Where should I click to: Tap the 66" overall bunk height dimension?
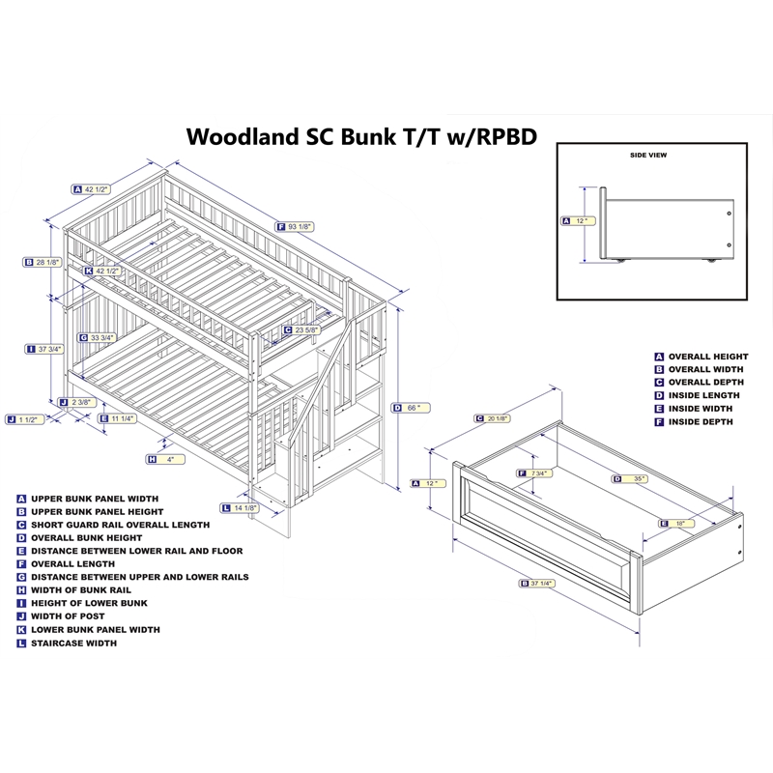pos(411,408)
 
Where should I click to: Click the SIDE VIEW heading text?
pos(647,155)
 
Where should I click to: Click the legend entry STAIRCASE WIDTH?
pos(73,643)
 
